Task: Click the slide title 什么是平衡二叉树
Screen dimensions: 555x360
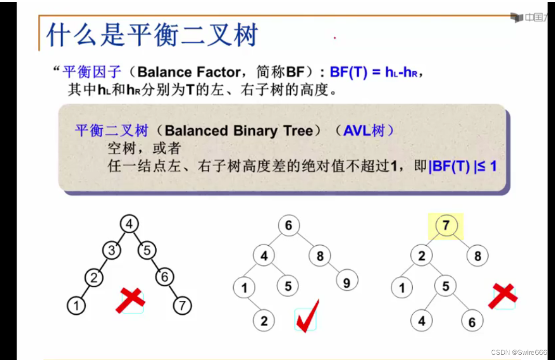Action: pos(152,36)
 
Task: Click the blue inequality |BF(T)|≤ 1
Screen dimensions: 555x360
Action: pos(463,166)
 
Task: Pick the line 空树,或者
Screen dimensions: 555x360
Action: pos(144,149)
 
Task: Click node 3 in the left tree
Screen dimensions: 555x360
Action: pos(111,251)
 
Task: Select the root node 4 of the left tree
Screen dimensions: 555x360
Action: pos(129,224)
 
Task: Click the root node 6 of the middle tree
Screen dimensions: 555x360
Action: pos(289,225)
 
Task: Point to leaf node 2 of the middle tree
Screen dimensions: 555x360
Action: pos(264,321)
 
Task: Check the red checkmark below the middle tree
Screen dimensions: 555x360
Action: pos(306,316)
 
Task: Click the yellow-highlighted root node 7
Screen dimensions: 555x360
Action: pos(445,226)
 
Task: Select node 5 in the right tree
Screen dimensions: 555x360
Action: pos(445,286)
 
